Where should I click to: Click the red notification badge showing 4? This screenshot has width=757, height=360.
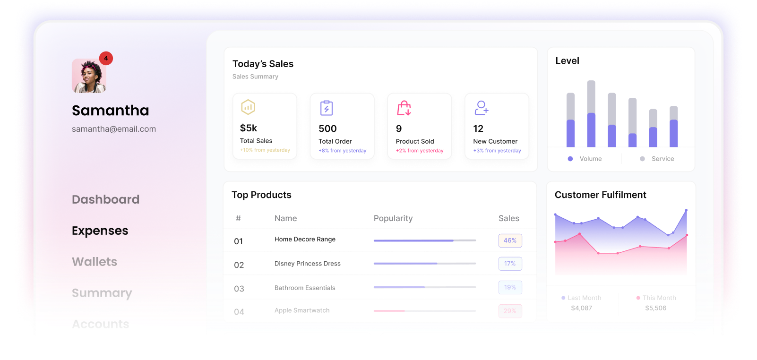pyautogui.click(x=106, y=58)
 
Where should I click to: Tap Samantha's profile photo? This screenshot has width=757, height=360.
pyautogui.click(x=89, y=76)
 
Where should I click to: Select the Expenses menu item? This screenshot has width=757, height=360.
pyautogui.click(x=100, y=231)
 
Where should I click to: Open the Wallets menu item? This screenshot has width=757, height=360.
pyautogui.click(x=95, y=262)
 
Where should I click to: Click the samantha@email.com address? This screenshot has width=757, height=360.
pyautogui.click(x=114, y=129)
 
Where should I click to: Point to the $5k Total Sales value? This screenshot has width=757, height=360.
pyautogui.click(x=249, y=128)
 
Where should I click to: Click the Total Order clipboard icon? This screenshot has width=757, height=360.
pyautogui.click(x=327, y=108)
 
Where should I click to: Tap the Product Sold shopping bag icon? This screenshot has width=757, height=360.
pyautogui.click(x=404, y=108)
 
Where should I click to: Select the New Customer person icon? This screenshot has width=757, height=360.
pyautogui.click(x=481, y=108)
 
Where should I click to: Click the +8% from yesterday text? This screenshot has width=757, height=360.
pyautogui.click(x=343, y=151)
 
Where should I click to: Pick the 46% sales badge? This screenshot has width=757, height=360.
pyautogui.click(x=510, y=240)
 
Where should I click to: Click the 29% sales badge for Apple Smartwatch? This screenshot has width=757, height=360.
pyautogui.click(x=510, y=311)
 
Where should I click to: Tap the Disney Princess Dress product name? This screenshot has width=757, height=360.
pyautogui.click(x=308, y=264)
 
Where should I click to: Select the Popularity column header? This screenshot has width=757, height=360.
pyautogui.click(x=393, y=218)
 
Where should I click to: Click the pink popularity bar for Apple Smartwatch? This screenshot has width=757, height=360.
pyautogui.click(x=389, y=311)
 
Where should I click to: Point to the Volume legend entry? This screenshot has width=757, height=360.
pyautogui.click(x=585, y=159)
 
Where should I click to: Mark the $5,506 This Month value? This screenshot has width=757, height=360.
pyautogui.click(x=656, y=308)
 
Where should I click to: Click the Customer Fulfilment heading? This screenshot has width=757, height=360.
pyautogui.click(x=601, y=195)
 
